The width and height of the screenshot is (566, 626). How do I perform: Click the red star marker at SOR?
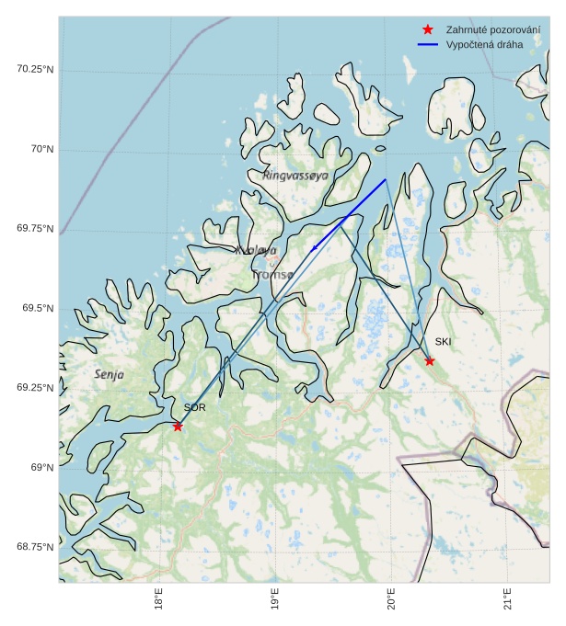(x=178, y=426)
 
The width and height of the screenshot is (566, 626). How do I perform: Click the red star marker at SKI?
(x=430, y=360)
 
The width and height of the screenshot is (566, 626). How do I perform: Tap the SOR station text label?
(x=194, y=407)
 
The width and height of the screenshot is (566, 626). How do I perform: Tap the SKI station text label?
(x=444, y=342)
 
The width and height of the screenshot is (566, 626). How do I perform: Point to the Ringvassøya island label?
(x=295, y=175)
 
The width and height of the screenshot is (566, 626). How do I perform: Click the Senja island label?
(x=109, y=374)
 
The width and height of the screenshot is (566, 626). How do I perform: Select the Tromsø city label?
(x=272, y=274)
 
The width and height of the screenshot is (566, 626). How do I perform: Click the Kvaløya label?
(x=255, y=250)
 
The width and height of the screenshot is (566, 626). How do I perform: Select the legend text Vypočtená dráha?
(x=483, y=44)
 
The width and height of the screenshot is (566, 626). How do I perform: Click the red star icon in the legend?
(x=428, y=29)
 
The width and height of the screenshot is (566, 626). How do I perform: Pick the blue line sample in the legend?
(x=428, y=44)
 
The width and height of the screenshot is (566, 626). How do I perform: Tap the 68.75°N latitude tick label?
(x=35, y=547)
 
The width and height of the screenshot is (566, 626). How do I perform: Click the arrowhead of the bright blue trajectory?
(x=315, y=246)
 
